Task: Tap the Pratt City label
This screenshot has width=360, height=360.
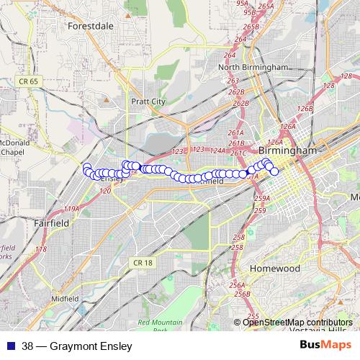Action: pyautogui.click(x=148, y=102)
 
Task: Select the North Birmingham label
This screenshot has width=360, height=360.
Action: pyautogui.click(x=253, y=68)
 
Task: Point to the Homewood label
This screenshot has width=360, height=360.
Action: pyautogui.click(x=274, y=268)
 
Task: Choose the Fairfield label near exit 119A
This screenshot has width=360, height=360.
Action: pyautogui.click(x=51, y=223)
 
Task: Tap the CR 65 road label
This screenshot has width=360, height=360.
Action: pyautogui.click(x=29, y=82)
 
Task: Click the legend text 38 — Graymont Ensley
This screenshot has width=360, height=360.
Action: pyautogui.click(x=72, y=346)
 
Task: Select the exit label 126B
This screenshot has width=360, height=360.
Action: pyautogui.click(x=305, y=108)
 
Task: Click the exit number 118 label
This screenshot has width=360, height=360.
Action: pyautogui.click(x=41, y=249)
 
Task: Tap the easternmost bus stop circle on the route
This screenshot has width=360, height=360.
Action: pyautogui.click(x=274, y=171)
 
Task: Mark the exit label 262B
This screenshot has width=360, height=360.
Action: pyautogui.click(x=240, y=103)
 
